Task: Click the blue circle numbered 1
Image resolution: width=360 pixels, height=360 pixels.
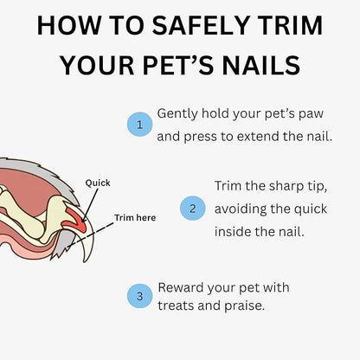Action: pos(138,125)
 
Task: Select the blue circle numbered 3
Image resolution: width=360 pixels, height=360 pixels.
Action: pos(138,296)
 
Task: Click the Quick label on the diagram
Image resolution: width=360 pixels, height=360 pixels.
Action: pos(98,183)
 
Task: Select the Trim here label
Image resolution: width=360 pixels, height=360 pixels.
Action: pos(135,217)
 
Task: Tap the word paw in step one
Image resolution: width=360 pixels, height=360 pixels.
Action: pos(297,114)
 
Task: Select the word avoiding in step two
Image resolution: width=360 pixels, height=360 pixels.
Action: pos(244,208)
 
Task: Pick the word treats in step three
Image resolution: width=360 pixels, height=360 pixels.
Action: pos(177,306)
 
